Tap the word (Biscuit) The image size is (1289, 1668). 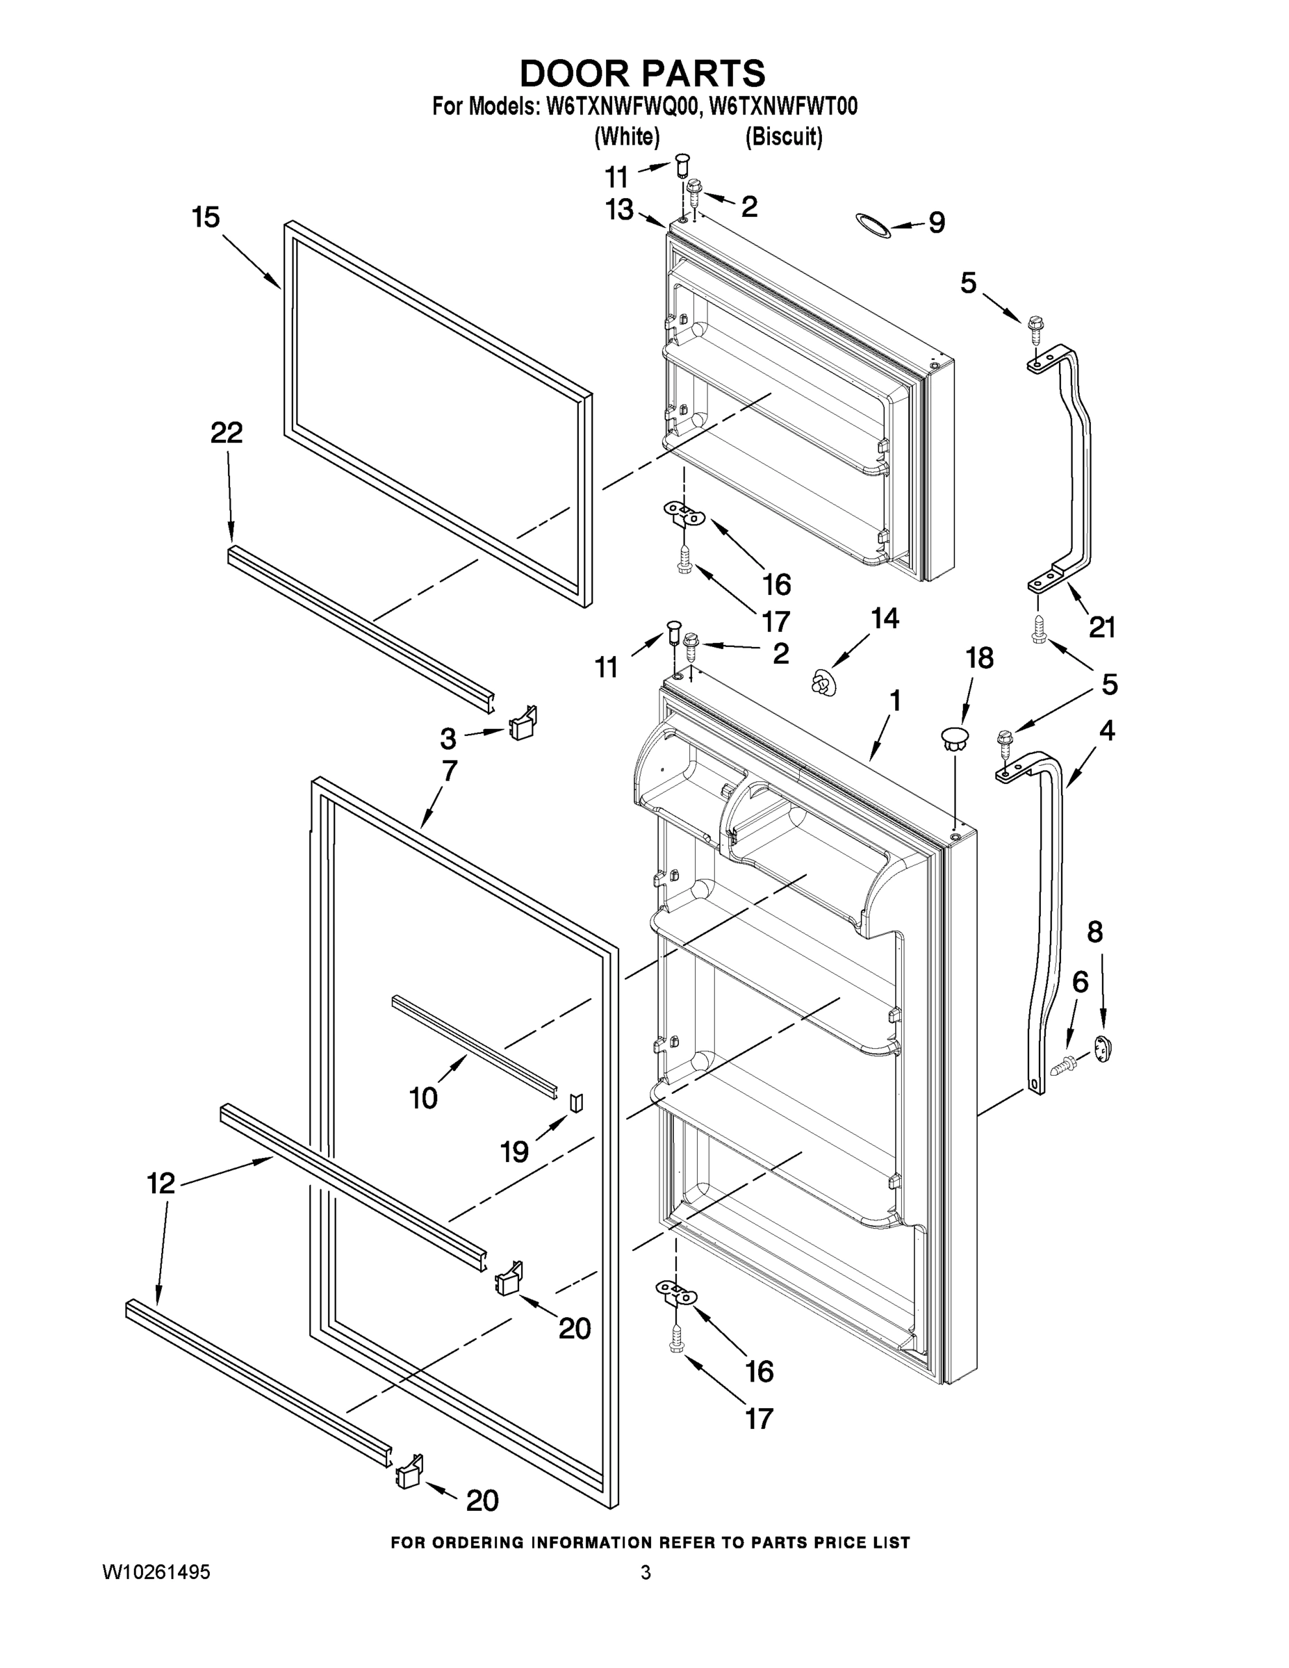click(784, 137)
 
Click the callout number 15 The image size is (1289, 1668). click(206, 218)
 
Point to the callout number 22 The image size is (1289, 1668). click(226, 433)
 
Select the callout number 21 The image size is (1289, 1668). click(1102, 628)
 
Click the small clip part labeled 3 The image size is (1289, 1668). click(523, 723)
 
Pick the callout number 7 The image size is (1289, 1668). click(449, 771)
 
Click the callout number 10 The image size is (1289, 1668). click(423, 1097)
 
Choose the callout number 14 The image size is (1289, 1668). click(885, 618)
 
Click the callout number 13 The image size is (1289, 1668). click(619, 209)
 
